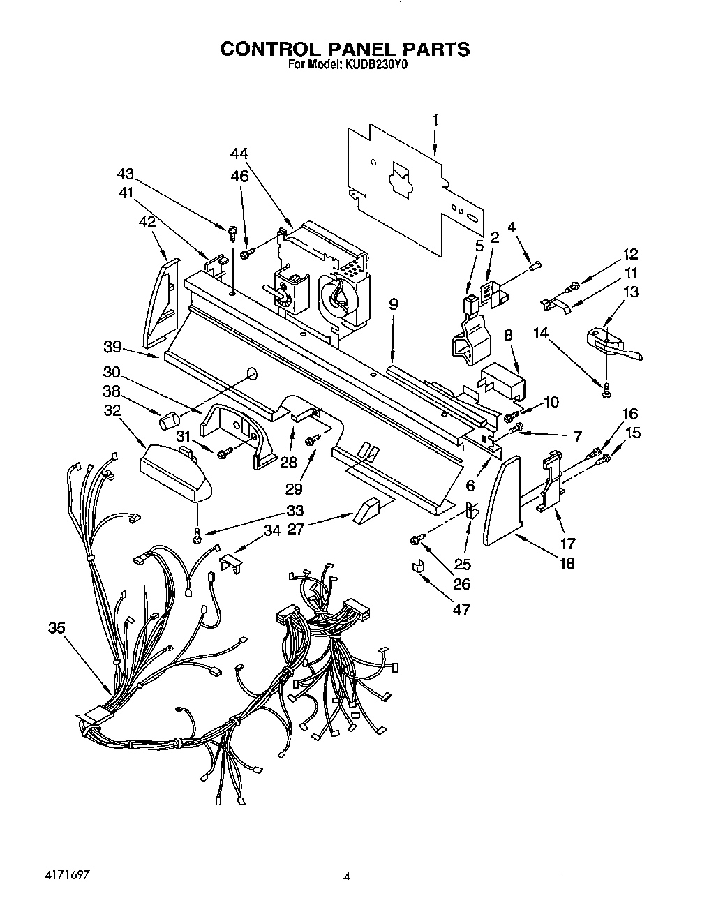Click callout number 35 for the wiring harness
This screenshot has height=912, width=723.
[57, 628]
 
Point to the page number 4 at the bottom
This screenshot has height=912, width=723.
[346, 876]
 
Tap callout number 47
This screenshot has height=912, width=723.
[461, 609]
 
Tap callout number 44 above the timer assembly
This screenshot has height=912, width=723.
[239, 154]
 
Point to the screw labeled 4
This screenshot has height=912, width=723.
[536, 265]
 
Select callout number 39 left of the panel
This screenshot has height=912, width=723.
[112, 347]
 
